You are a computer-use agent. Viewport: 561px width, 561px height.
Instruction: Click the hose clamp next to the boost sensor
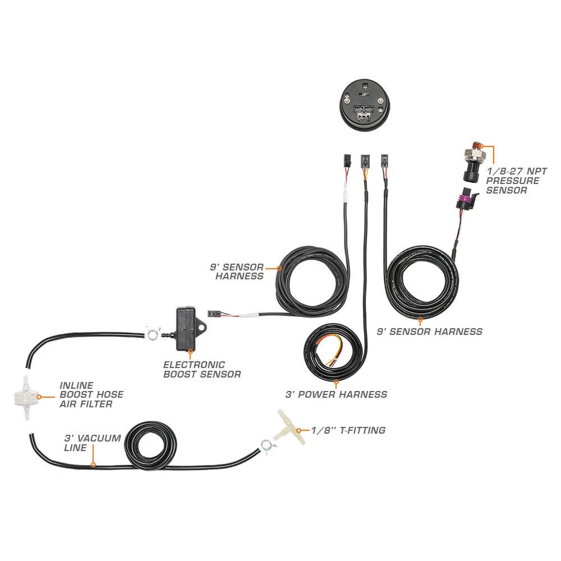153,334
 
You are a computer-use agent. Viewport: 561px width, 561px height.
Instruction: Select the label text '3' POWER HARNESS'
336,394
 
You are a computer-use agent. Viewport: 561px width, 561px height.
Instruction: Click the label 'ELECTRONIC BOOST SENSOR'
202,369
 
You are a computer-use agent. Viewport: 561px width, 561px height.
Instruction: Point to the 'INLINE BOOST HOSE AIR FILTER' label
91,395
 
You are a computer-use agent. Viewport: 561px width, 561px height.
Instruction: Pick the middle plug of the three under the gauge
364,160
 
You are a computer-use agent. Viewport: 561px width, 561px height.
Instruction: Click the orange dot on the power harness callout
336,383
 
